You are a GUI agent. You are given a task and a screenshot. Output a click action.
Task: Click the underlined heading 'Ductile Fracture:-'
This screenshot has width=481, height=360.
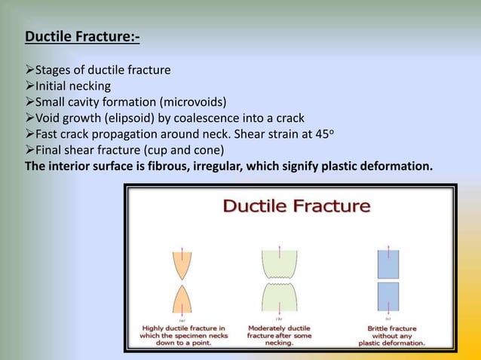82,36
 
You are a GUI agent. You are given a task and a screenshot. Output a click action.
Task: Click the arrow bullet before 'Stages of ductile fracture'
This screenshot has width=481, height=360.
30,71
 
